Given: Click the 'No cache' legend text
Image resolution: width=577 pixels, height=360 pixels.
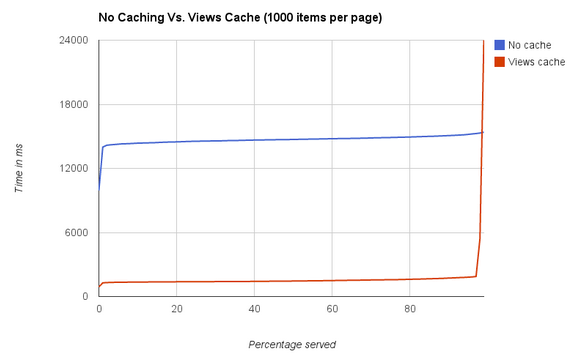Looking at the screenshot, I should (x=530, y=45).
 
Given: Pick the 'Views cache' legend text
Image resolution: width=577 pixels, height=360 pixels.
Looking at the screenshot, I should (x=536, y=62).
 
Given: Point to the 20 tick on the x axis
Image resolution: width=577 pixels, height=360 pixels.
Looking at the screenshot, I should (x=176, y=309).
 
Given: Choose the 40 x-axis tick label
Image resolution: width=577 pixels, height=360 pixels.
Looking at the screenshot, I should (x=254, y=309).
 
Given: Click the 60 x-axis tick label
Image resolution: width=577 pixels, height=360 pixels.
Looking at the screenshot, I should (x=332, y=309).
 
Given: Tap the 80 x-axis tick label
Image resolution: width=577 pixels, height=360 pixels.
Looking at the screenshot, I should (x=410, y=309).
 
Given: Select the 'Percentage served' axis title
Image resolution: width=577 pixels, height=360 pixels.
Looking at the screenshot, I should (x=291, y=344).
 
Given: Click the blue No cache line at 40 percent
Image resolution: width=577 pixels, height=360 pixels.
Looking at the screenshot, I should (x=254, y=140).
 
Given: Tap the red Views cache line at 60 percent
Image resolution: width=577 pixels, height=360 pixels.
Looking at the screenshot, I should (x=332, y=281).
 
